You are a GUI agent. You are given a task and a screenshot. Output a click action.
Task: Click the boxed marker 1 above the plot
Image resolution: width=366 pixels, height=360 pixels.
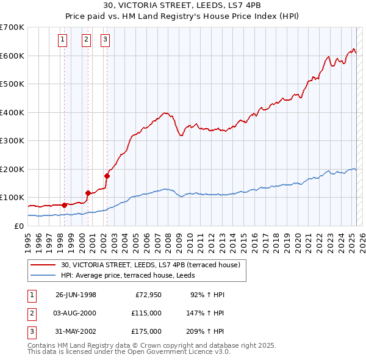point(63,40)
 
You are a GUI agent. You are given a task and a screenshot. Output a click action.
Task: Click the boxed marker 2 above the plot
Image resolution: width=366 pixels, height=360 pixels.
point(86,40)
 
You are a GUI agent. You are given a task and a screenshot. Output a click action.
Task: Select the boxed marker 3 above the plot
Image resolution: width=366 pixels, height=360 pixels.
point(106,40)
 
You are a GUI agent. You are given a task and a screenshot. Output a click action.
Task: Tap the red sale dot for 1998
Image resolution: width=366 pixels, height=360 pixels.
point(65,205)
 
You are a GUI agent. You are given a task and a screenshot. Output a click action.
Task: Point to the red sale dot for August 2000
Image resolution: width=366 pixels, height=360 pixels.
point(88,193)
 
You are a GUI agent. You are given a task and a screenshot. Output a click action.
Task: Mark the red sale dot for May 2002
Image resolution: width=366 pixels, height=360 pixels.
point(107,176)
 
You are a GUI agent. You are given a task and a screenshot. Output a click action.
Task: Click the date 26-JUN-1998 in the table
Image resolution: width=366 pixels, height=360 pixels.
point(76,295)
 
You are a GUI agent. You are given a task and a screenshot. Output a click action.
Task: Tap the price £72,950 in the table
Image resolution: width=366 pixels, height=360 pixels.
point(147,295)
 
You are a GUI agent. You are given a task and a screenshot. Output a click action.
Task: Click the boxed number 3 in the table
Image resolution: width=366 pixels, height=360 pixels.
point(30,331)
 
